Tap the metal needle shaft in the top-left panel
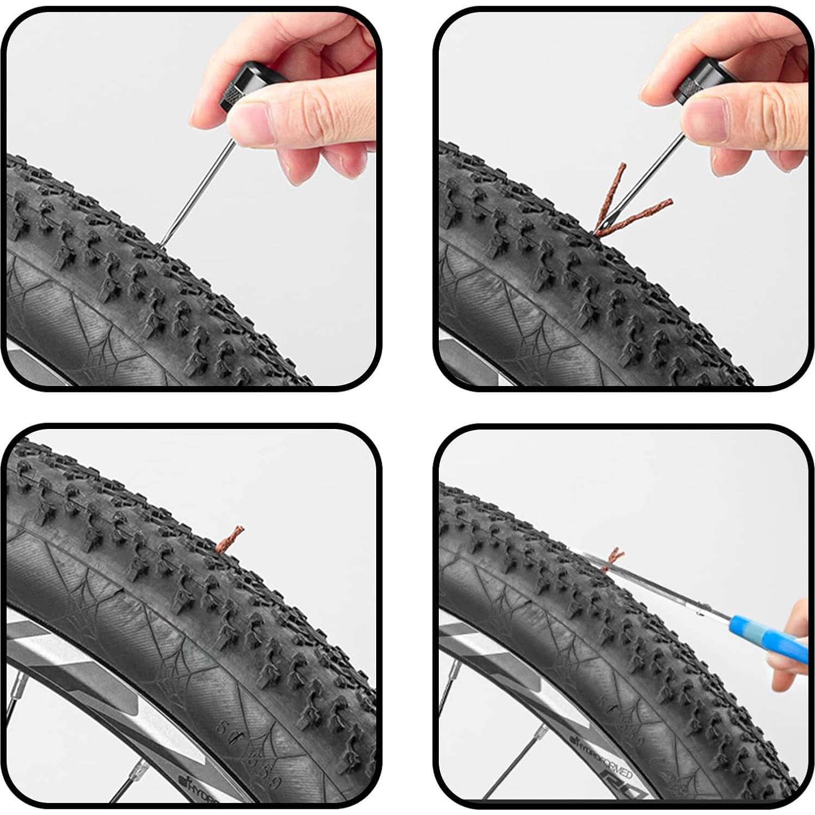click(x=196, y=185)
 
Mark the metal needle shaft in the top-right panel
click(x=642, y=180)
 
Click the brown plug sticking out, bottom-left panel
click(x=229, y=539)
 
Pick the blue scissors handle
click(x=768, y=637)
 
